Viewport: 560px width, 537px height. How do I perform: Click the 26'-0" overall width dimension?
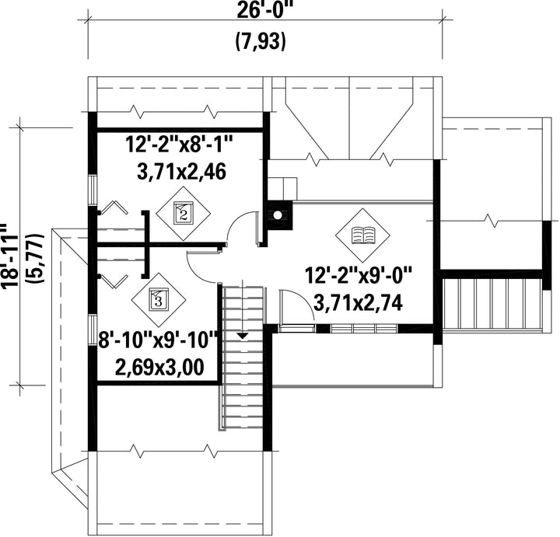(262, 11)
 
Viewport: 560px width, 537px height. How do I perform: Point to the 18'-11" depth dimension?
(9, 256)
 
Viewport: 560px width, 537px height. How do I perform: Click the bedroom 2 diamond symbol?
(184, 214)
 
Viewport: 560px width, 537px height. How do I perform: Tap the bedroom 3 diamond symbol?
(158, 299)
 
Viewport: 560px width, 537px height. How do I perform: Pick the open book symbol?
(362, 235)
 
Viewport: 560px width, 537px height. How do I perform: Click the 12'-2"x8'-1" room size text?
(179, 145)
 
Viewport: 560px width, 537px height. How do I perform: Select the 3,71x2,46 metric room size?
(181, 172)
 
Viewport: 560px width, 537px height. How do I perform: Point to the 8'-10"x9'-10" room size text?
(158, 340)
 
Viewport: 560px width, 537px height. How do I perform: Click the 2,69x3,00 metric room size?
(159, 367)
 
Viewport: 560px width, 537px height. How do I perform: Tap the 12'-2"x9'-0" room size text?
(359, 275)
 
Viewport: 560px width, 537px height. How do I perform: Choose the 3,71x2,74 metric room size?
(359, 302)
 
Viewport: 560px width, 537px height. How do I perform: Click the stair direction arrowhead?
(243, 336)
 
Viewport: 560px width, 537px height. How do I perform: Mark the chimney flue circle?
(277, 214)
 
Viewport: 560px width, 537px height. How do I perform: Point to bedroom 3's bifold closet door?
(114, 281)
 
